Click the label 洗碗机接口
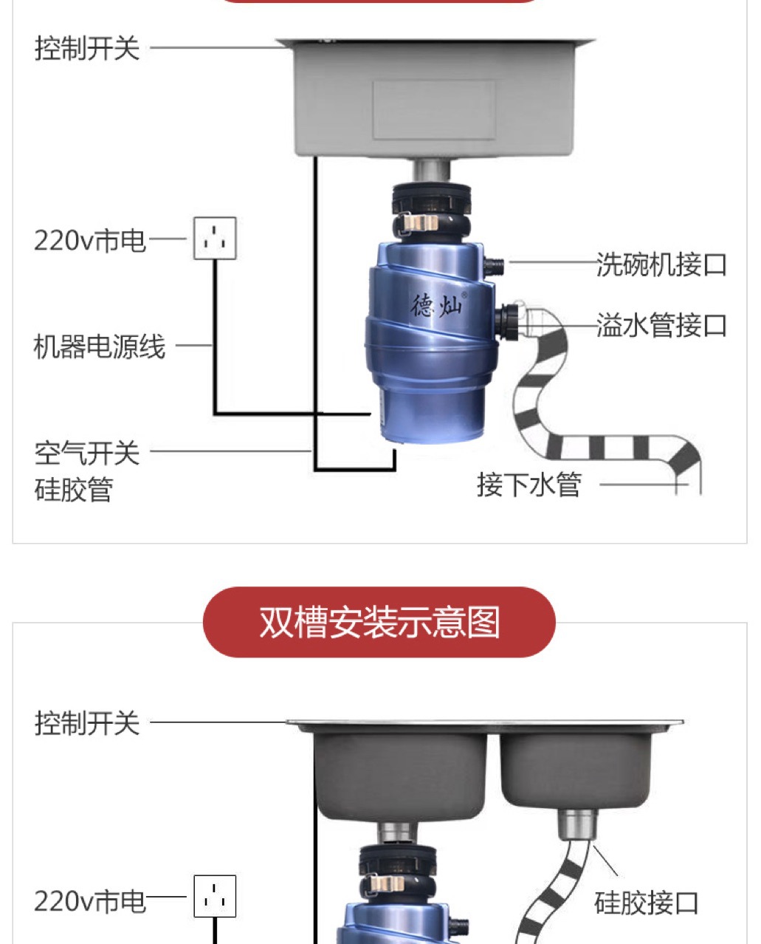[x=661, y=264]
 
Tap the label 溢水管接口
[x=661, y=325]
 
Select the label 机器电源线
[x=100, y=346]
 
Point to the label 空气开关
[x=87, y=452]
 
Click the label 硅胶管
[x=74, y=489]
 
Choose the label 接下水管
[x=529, y=485]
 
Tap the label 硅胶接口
[x=646, y=903]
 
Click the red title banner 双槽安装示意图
[x=379, y=622]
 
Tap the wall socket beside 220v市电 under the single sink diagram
[x=215, y=238]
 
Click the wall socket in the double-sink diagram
[x=215, y=896]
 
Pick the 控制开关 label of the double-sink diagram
[x=87, y=723]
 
